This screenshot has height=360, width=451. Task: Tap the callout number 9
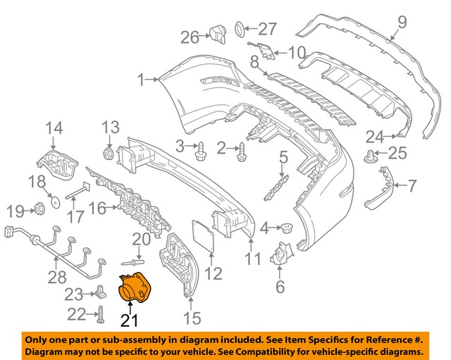pyautogui.click(x=402, y=23)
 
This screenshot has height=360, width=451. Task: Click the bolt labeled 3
pyautogui.click(x=201, y=147)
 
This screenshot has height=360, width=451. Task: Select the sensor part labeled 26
pyautogui.click(x=216, y=32)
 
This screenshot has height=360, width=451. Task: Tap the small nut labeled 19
pyautogui.click(x=39, y=209)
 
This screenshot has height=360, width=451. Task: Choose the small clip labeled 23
pyautogui.click(x=103, y=290)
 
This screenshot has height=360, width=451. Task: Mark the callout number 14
pyautogui.click(x=54, y=128)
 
